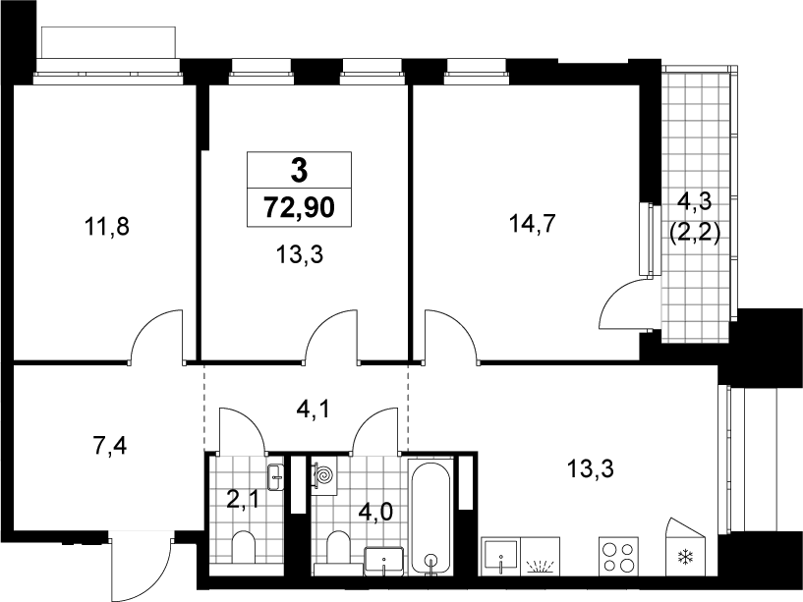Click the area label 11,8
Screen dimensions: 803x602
[107, 226]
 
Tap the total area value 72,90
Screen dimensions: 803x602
[299, 208]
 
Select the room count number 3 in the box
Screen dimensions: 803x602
[299, 171]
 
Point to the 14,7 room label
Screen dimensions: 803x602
[532, 224]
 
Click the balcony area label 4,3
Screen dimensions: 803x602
[695, 201]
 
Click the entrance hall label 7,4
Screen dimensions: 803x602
[110, 446]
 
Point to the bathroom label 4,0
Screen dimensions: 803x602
[375, 512]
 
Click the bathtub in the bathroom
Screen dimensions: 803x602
[431, 518]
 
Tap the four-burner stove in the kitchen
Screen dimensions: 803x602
[618, 557]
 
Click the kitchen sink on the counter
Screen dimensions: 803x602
[501, 557]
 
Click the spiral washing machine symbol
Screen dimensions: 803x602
[323, 476]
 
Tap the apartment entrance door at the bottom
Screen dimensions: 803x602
[141, 566]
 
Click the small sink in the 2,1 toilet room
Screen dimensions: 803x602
[275, 477]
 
